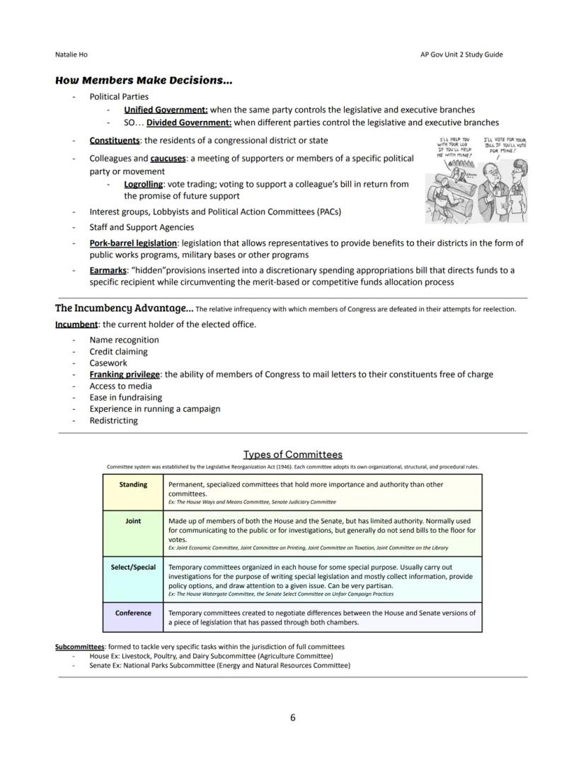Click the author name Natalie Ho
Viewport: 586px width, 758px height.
[71, 54]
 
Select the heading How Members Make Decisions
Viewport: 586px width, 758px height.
[143, 81]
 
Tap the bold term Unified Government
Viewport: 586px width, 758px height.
[166, 110]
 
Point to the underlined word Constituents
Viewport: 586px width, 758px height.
[114, 140]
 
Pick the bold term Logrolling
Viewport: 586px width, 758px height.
[143, 184]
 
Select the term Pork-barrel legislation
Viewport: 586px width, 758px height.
[133, 243]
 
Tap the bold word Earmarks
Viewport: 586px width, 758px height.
[108, 270]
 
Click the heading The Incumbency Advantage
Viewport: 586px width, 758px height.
[124, 308]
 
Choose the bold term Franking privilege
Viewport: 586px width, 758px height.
[125, 374]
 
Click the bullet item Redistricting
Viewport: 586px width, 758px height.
[113, 420]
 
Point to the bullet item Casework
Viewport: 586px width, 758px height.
[108, 363]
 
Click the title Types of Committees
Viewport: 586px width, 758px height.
[293, 454]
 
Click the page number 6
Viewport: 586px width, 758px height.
[293, 718]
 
